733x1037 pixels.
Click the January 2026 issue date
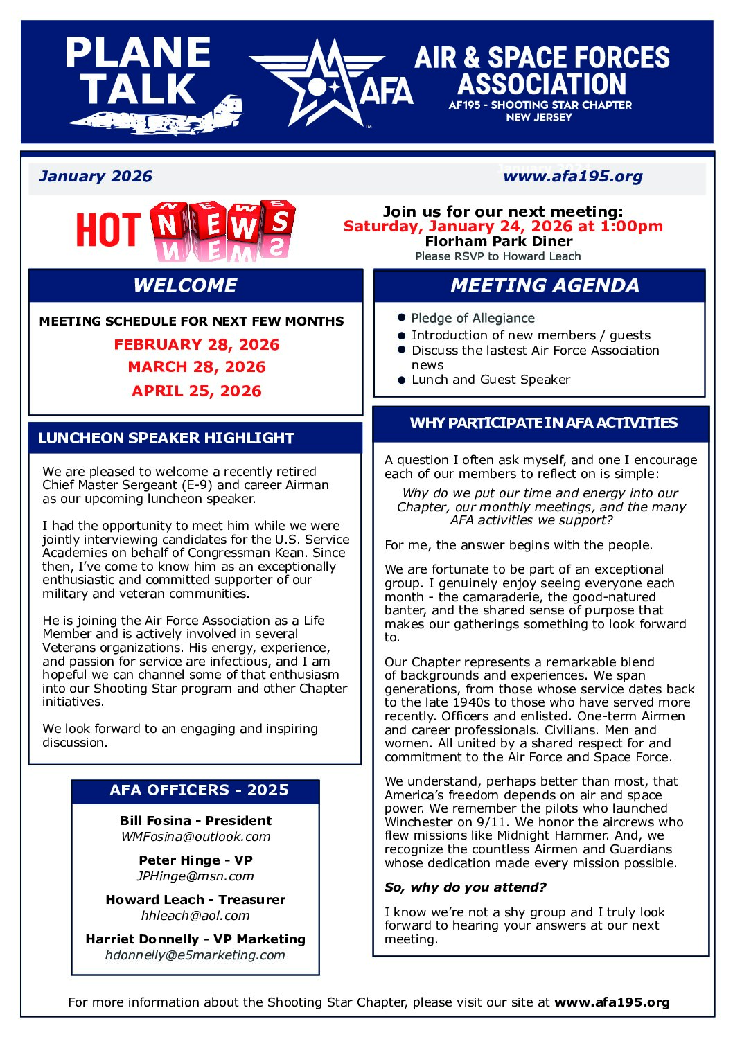[x=96, y=176]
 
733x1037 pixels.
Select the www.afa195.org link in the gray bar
[x=573, y=177]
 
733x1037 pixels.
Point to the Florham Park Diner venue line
[x=499, y=241]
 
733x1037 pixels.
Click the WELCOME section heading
[x=185, y=285]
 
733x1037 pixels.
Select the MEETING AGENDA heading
[x=545, y=285]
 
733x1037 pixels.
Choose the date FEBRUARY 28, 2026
[x=197, y=344]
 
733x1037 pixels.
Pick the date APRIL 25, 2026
[x=197, y=391]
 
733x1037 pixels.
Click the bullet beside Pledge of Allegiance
[x=401, y=318]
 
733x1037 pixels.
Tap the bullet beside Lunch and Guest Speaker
[x=401, y=380]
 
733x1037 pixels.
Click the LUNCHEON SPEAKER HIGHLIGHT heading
[x=166, y=438]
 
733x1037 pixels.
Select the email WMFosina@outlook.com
[x=195, y=837]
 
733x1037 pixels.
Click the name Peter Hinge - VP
[x=195, y=860]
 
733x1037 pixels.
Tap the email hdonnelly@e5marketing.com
[x=195, y=955]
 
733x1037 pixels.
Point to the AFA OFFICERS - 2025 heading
[x=199, y=790]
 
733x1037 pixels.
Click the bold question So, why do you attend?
[x=466, y=887]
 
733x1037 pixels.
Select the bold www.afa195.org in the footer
[x=612, y=1002]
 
